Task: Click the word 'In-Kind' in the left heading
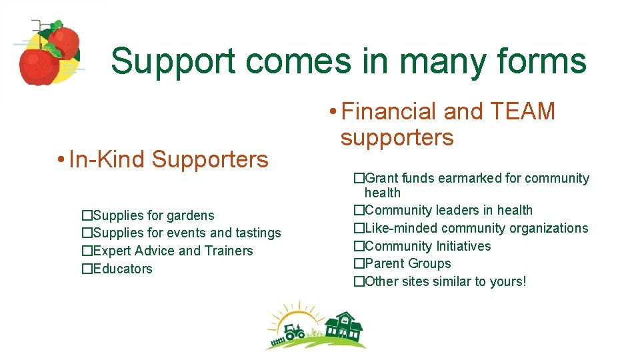tap(107, 159)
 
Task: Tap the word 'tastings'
tap(255, 233)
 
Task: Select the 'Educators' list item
tap(123, 269)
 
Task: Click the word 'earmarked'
tap(473, 178)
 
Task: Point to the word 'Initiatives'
tap(463, 246)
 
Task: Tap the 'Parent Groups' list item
tap(407, 263)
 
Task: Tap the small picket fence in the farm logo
tap(275, 343)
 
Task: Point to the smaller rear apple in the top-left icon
tap(65, 41)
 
